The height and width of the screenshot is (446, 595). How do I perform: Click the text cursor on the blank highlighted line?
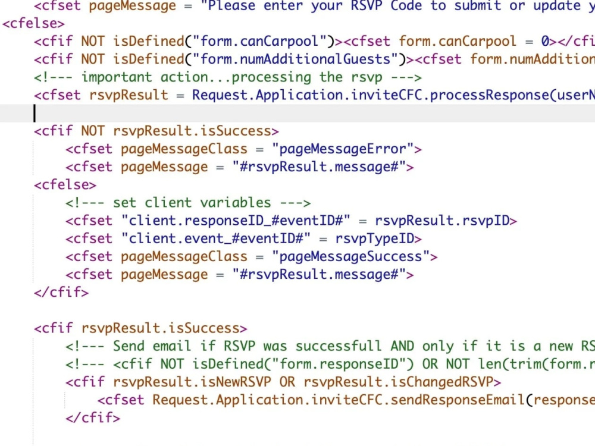tap(35, 113)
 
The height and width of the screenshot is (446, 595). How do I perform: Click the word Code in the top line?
tap(406, 5)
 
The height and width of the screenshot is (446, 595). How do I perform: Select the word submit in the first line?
tap(478, 5)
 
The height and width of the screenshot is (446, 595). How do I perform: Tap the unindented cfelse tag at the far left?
tap(33, 24)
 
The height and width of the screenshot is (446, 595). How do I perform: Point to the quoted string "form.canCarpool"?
tap(260, 41)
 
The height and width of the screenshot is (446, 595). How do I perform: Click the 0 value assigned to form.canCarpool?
tap(545, 41)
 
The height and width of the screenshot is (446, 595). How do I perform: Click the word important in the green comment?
tap(117, 77)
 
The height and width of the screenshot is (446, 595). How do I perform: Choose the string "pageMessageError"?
tap(343, 149)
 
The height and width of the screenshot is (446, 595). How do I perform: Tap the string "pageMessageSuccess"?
tap(350, 257)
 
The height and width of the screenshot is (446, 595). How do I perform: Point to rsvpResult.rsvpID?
tap(441, 221)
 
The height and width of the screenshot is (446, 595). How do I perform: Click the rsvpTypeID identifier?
tap(374, 238)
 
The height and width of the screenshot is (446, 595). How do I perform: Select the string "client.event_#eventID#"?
tap(216, 238)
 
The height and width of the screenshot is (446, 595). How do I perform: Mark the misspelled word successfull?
tap(339, 346)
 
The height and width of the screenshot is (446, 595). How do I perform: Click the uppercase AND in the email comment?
tap(402, 346)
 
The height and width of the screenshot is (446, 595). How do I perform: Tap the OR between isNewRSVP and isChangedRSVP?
tap(287, 382)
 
